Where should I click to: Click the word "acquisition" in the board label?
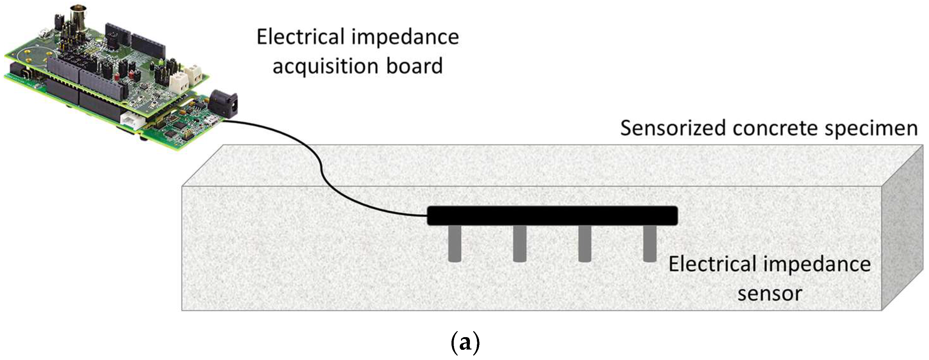click(325, 66)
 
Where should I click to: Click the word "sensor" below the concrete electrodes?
click(770, 293)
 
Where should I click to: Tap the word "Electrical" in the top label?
click(300, 37)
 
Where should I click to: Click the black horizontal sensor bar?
click(552, 215)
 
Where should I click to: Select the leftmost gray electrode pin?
click(455, 243)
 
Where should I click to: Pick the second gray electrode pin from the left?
click(519, 243)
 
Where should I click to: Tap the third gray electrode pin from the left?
click(584, 243)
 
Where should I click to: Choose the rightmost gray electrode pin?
click(649, 243)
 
